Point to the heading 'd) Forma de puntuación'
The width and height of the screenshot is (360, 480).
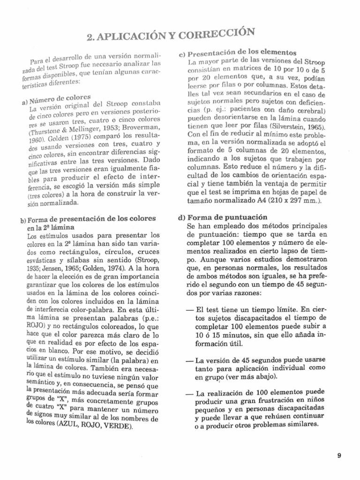(x=223, y=217)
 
